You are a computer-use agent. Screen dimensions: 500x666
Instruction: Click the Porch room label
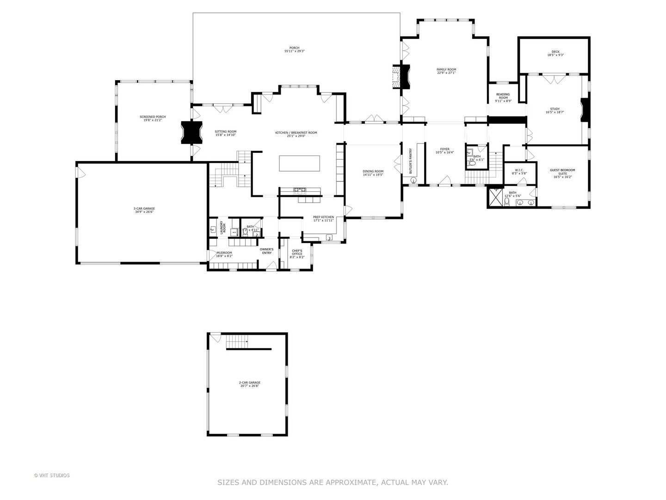(x=294, y=50)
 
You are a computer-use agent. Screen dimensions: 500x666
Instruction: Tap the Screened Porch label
(x=153, y=119)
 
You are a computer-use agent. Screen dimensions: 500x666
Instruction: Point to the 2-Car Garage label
(x=249, y=384)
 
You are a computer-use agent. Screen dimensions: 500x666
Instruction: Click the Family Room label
(x=446, y=71)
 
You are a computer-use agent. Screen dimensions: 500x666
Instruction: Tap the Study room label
(x=555, y=110)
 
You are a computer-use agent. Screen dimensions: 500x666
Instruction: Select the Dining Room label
(x=373, y=173)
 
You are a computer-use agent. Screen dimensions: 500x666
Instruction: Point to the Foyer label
(x=445, y=150)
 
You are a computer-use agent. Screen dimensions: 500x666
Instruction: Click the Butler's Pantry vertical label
(x=410, y=161)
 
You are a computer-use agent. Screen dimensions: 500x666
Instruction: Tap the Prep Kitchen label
(x=323, y=219)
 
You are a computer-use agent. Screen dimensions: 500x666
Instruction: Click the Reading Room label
(x=503, y=97)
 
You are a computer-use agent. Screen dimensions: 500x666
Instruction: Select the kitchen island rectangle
(x=299, y=163)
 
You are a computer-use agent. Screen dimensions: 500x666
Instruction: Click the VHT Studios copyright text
(x=52, y=475)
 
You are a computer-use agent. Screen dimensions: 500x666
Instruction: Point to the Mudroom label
(x=224, y=254)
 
